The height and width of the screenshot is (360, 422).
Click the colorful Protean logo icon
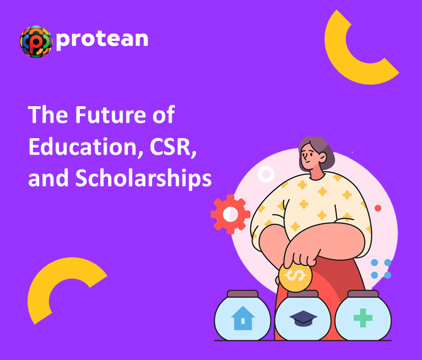36,41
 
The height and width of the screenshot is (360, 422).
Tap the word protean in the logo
102,39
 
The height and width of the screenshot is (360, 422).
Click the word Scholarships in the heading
143,179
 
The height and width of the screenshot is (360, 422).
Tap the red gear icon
231,214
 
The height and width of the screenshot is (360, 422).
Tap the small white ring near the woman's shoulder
266,175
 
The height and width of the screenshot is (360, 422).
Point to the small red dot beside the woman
377,208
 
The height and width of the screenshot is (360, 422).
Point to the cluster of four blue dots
381,269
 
